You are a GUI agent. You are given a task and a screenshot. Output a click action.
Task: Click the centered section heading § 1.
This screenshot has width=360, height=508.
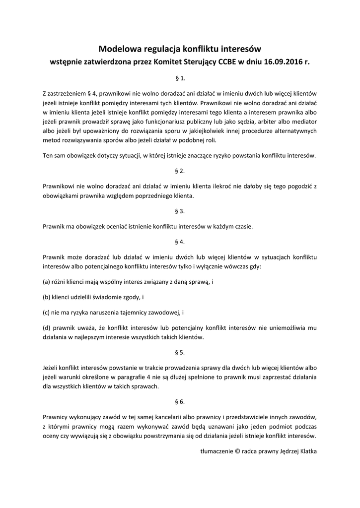click(180, 78)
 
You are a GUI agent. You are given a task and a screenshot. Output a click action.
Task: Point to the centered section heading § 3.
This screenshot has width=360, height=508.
click(180, 211)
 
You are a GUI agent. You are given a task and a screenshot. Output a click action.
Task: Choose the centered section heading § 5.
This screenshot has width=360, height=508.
click(180, 353)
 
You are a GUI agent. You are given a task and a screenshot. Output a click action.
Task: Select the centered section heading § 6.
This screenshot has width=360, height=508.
click(180, 401)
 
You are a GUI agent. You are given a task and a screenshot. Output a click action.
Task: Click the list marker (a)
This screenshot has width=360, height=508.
click(48, 282)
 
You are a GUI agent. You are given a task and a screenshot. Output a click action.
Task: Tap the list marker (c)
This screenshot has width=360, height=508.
click(48, 313)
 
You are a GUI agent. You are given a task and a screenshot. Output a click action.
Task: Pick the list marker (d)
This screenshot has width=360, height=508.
click(48, 328)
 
